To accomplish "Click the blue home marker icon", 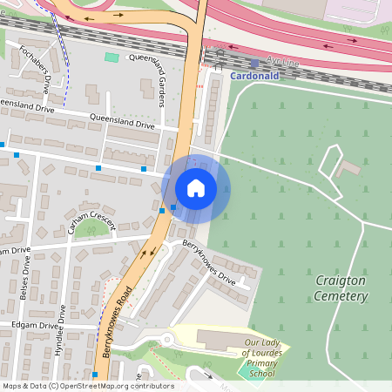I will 196,188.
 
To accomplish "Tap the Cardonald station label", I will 255,75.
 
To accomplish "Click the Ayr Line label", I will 282,61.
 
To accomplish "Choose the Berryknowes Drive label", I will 210,265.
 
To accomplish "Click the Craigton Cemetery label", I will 341,289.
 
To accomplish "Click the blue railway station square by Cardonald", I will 254,63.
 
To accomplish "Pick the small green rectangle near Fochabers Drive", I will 112,57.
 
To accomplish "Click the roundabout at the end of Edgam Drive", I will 166,338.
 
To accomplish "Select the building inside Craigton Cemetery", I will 351,166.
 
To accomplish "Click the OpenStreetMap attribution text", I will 87,386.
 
